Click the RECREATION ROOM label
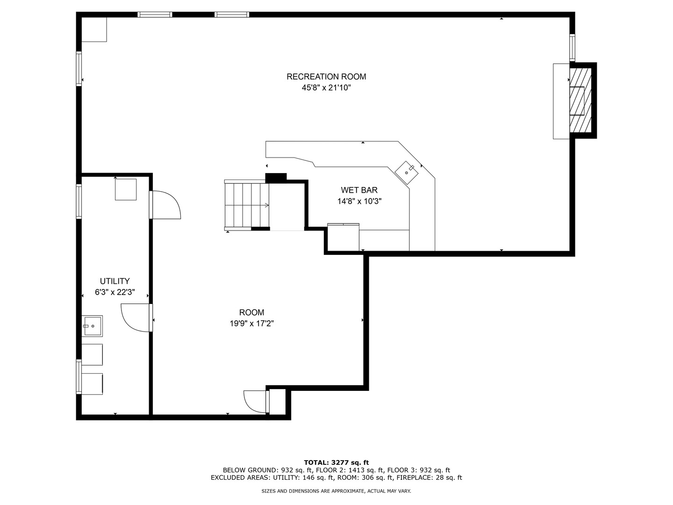coord(326,77)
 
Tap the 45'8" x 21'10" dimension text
coord(326,88)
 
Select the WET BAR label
coord(359,190)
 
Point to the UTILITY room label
coord(115,281)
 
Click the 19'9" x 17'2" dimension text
coord(252,324)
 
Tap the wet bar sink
coord(407,173)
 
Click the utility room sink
coord(92,326)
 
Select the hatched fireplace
coord(580,100)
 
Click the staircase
coord(247,205)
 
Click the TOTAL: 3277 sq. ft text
coord(336,462)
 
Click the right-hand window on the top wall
coord(232,14)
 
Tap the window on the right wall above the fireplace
coord(572,48)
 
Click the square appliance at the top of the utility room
coord(126,189)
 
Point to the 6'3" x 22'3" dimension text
coord(115,292)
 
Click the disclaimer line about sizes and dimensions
coord(336,491)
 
